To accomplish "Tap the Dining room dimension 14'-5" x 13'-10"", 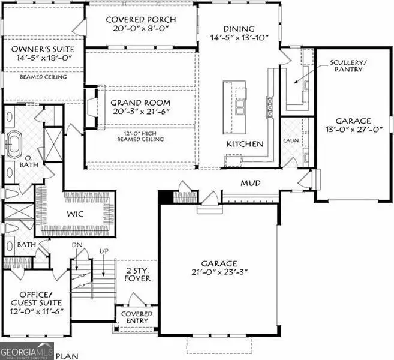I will (x=239, y=38).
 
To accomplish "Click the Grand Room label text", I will (x=140, y=103).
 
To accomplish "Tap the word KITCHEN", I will (x=245, y=144).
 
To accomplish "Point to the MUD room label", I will (x=251, y=182).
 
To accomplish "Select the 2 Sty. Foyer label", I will (x=137, y=274).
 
